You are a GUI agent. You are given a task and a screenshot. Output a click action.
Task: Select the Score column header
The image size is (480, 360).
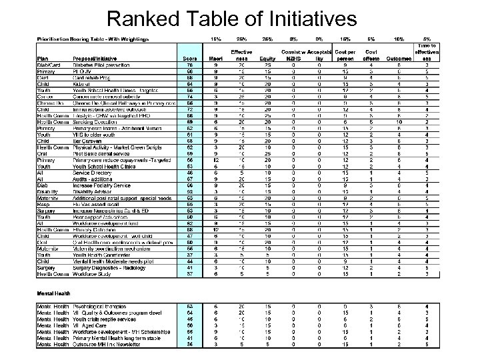coord(189,58)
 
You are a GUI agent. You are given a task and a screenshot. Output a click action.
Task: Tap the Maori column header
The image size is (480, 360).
coord(215,58)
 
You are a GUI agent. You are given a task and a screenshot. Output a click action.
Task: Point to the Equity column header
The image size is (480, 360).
coord(267,58)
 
